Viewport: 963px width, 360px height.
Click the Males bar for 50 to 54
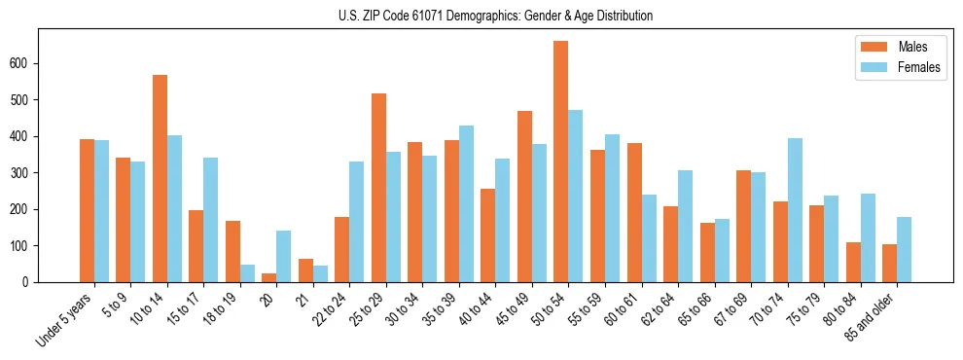tap(561, 162)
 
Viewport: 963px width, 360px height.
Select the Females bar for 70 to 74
tap(795, 210)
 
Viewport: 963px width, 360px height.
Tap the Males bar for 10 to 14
tap(160, 178)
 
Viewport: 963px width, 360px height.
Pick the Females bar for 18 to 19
tap(247, 273)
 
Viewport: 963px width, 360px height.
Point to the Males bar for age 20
tap(269, 278)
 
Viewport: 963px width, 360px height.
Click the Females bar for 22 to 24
tap(357, 222)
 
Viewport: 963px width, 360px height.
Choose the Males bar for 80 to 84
tap(853, 262)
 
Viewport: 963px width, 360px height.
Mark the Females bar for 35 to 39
tap(466, 203)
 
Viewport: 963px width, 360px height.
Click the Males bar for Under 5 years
tap(87, 210)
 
